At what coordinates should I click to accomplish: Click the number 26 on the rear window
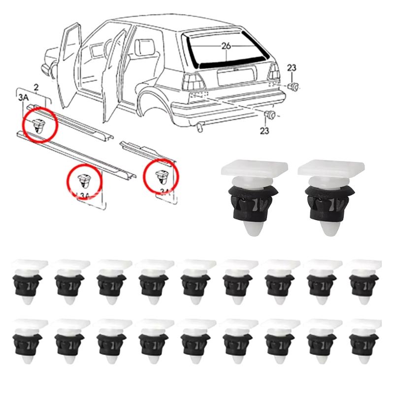[226, 46]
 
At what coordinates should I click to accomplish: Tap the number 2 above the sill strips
[36, 88]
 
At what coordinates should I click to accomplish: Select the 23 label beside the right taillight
[292, 68]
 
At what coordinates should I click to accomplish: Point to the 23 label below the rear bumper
[265, 131]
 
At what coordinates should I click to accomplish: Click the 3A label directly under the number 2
[23, 98]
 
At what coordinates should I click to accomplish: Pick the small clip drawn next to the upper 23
[294, 87]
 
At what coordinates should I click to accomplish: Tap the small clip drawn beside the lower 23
[270, 116]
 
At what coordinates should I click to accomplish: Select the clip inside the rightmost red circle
[161, 176]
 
